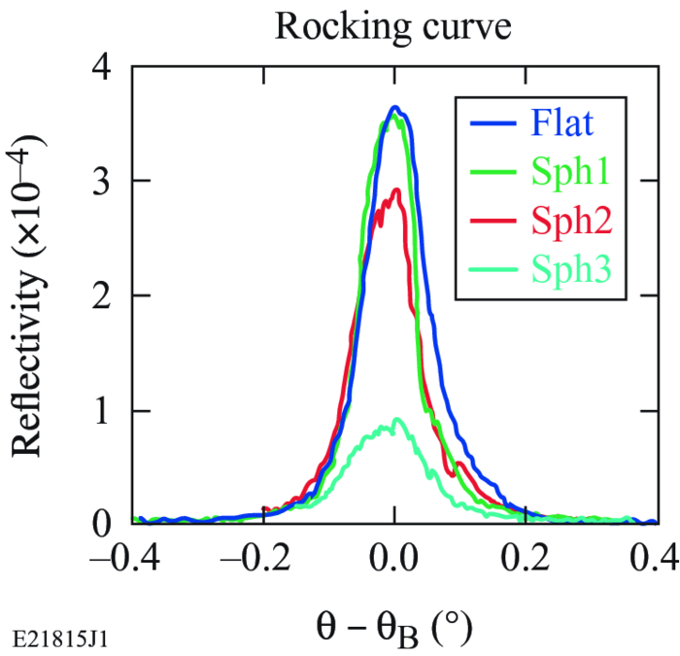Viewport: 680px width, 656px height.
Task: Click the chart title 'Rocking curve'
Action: [x=393, y=26]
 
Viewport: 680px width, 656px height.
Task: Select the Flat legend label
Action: [x=562, y=123]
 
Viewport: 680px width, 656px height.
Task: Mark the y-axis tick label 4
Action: [x=100, y=67]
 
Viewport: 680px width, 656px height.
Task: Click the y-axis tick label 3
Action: [x=100, y=182]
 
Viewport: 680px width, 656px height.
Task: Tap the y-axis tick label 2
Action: [x=100, y=295]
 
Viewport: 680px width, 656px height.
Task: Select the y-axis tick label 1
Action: [x=100, y=410]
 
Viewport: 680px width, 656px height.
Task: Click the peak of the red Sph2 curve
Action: [x=395, y=191]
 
